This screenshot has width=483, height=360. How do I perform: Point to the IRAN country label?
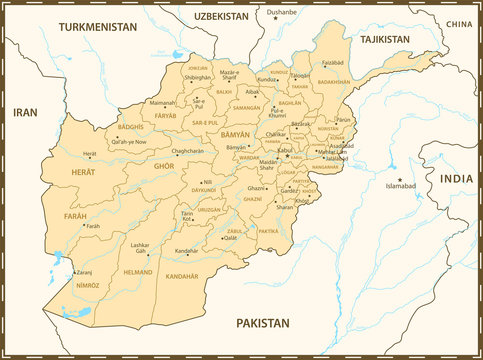[24, 113]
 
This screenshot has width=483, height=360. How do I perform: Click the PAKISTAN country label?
[262, 323]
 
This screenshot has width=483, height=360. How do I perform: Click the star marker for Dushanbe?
[277, 19]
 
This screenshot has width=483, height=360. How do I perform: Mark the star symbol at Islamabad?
[400, 179]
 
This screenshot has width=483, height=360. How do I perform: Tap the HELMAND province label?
[137, 271]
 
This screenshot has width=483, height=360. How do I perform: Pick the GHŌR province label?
[164, 165]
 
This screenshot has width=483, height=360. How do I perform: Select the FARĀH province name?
[75, 216]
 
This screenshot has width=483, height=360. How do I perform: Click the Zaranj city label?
[84, 272]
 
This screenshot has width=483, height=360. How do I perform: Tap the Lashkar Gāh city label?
[140, 248]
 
